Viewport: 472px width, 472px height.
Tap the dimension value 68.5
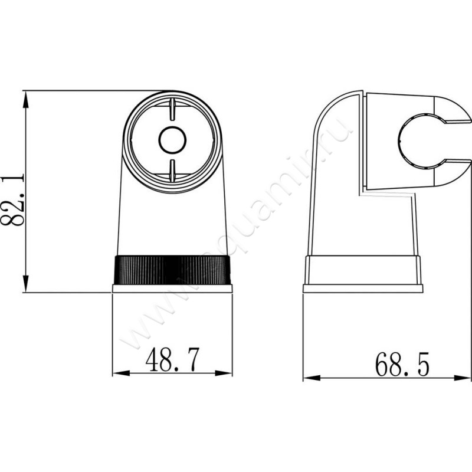click(x=401, y=364)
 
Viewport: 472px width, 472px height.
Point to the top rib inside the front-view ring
click(x=172, y=110)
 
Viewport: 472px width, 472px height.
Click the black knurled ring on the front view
click(x=172, y=270)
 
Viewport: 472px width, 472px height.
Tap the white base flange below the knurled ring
click(x=172, y=289)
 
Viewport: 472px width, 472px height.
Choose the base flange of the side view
click(x=363, y=289)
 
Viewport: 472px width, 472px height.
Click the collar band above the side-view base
click(x=363, y=270)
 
